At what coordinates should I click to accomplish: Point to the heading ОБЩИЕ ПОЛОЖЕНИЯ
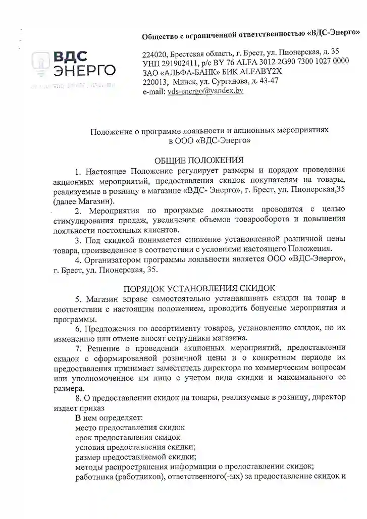(x=198, y=160)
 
